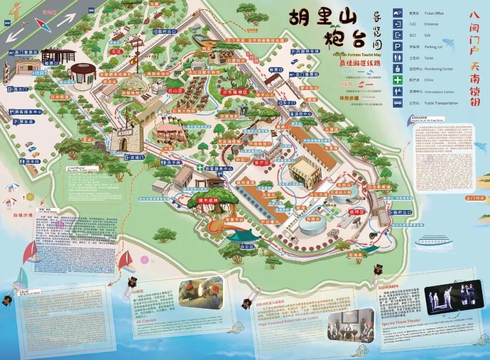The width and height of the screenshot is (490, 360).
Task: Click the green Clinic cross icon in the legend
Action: coord(397,80)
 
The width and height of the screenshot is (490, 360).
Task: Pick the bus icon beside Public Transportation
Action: coord(397,103)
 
